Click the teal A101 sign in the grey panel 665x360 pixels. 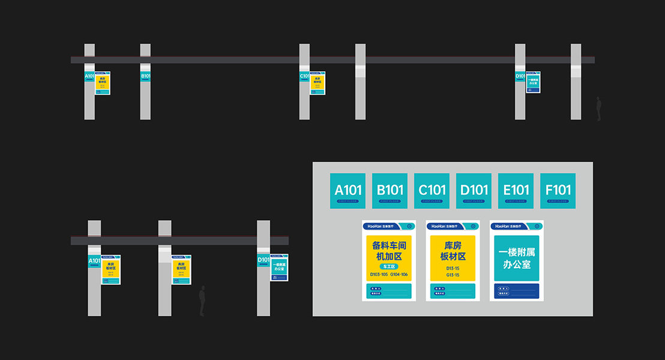point(348,191)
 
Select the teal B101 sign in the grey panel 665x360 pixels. point(390,191)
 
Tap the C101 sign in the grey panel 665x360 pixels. point(432,191)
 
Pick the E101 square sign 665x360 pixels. point(516,191)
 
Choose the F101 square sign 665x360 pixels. point(558,191)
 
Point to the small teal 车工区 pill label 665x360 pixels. point(390,266)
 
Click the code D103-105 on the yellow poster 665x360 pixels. point(379,275)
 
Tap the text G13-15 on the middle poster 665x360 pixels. point(453,275)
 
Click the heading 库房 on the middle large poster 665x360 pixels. point(453,245)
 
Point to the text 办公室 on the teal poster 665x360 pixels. point(517,264)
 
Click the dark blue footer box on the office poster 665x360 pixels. point(517,291)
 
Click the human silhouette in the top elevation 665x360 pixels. point(598,109)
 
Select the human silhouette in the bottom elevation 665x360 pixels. point(202,300)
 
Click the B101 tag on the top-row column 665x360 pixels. point(145,76)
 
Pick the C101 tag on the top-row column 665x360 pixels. point(304,76)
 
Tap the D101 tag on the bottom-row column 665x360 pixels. point(263,260)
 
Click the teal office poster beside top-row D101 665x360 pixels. point(533,82)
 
